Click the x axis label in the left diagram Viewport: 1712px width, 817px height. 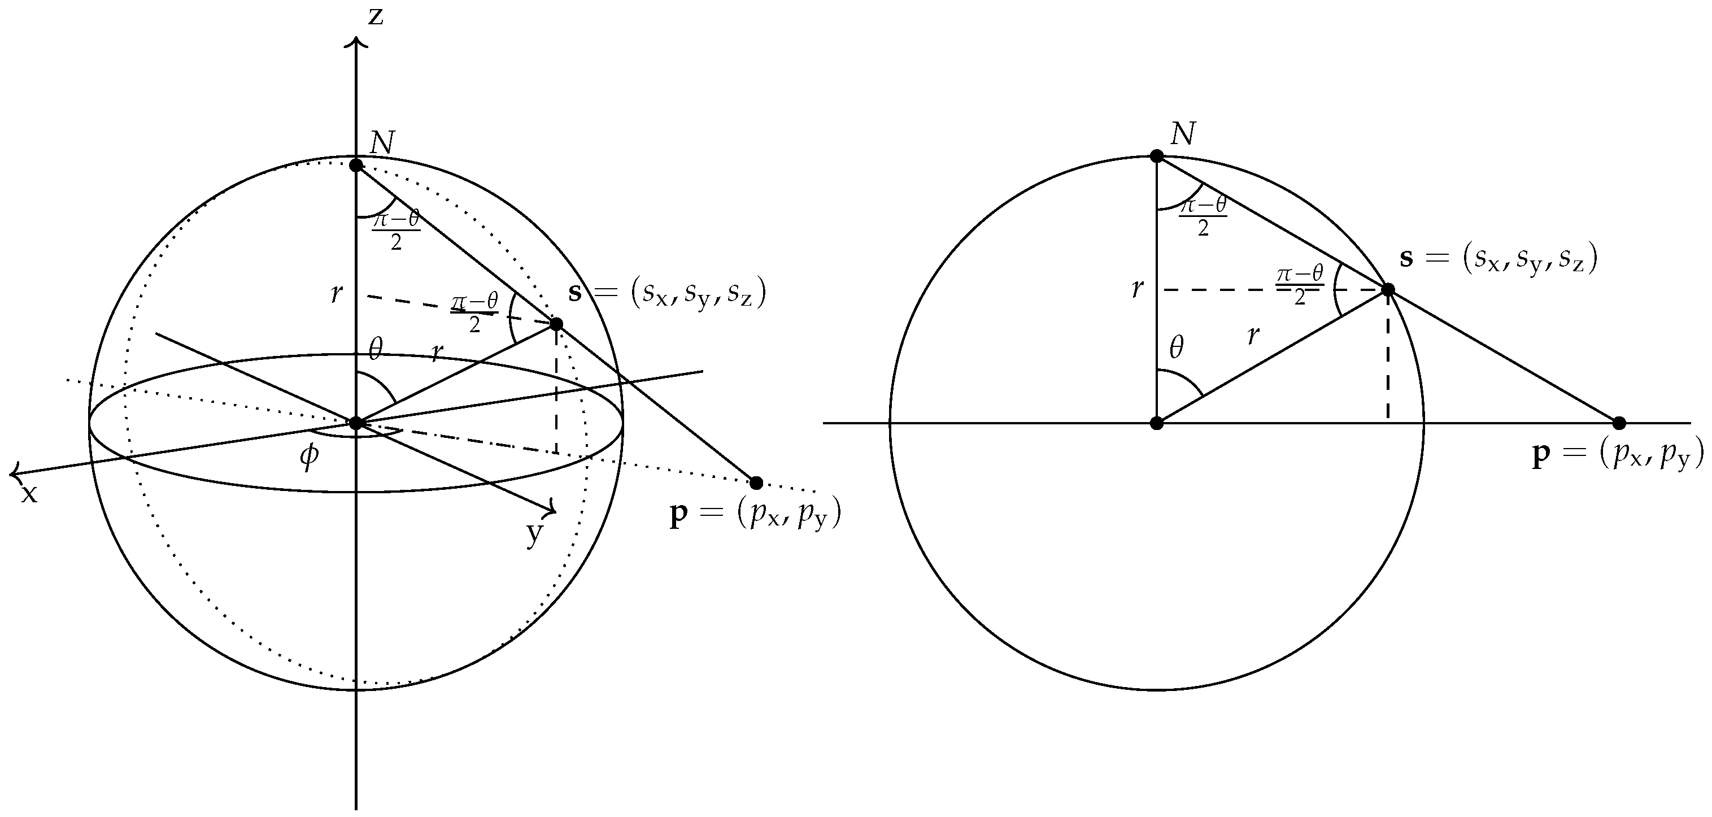point(29,494)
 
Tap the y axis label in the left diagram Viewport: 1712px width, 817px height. point(534,533)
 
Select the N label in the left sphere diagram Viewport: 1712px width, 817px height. point(382,143)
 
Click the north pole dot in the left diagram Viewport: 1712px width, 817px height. point(356,165)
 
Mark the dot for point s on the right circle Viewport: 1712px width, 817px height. point(1388,290)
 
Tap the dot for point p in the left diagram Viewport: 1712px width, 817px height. point(756,483)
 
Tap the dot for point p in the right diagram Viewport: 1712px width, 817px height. point(1619,423)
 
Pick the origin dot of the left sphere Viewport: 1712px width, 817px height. point(356,423)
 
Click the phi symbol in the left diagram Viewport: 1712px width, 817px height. point(309,457)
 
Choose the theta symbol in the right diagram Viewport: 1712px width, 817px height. point(1177,347)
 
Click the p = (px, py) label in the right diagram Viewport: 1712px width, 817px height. point(1618,455)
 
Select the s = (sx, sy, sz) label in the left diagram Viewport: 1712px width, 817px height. point(667,293)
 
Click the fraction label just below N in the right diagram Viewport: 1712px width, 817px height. point(1203,217)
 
